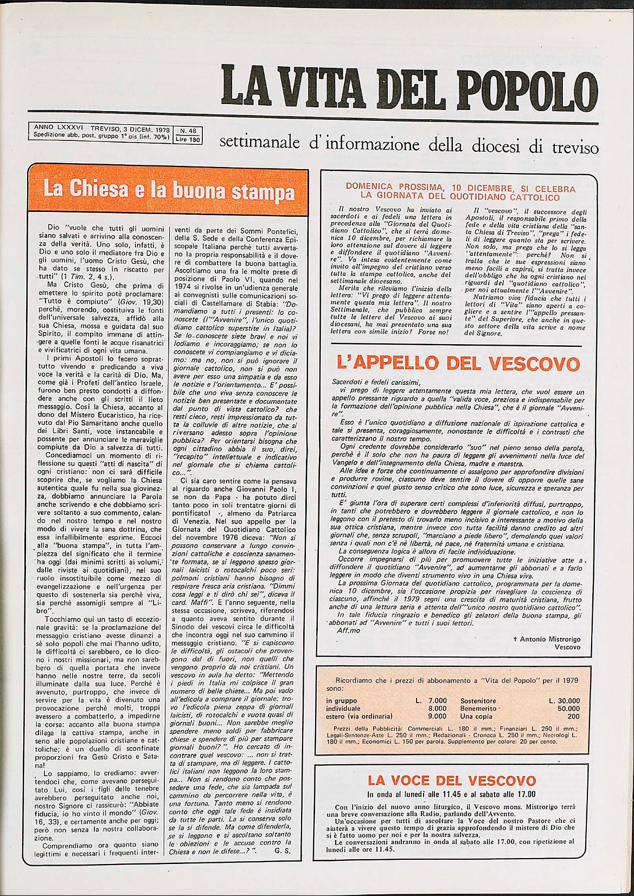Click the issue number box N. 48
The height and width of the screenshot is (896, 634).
[188, 131]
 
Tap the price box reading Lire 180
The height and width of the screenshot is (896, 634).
[188, 139]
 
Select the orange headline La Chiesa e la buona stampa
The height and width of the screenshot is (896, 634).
[169, 190]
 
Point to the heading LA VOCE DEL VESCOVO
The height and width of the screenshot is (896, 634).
[451, 781]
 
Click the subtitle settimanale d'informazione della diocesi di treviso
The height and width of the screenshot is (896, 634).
[408, 144]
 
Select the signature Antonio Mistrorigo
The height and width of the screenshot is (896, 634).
[550, 639]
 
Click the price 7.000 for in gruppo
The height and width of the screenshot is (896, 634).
[434, 701]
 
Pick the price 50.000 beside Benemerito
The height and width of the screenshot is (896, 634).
[568, 708]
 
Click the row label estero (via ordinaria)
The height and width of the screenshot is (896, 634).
[359, 716]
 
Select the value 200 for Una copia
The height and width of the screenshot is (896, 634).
[573, 716]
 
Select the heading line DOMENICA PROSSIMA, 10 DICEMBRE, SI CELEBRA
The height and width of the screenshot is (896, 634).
[460, 188]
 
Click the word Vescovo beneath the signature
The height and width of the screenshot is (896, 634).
[567, 647]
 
